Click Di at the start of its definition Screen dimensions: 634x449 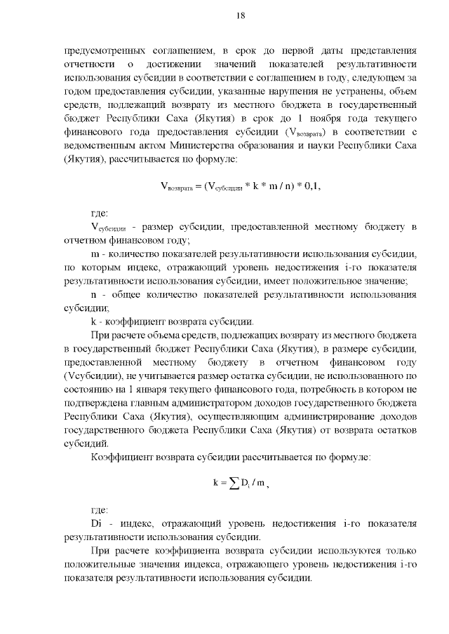(97, 523)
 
